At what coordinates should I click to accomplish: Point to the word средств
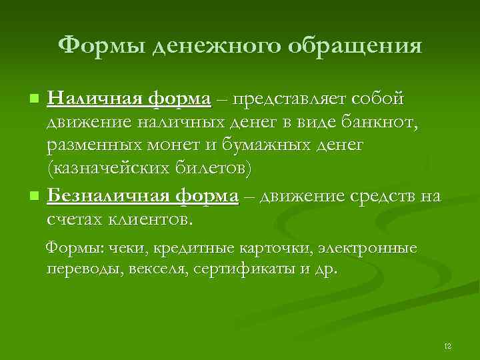(379, 196)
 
